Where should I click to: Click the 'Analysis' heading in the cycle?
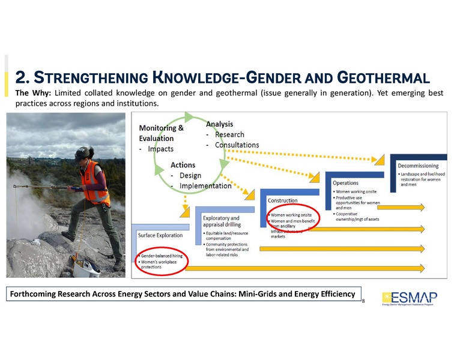click(219, 124)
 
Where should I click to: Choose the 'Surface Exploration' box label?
click(160, 235)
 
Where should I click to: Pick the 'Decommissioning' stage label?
click(418, 166)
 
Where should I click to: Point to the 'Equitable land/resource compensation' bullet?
click(226, 236)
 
